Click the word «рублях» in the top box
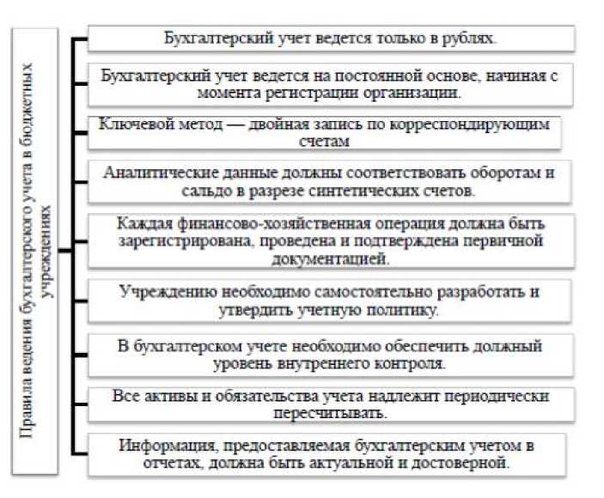pyautogui.click(x=475, y=39)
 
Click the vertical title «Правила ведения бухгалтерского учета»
pyautogui.click(x=34, y=249)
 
